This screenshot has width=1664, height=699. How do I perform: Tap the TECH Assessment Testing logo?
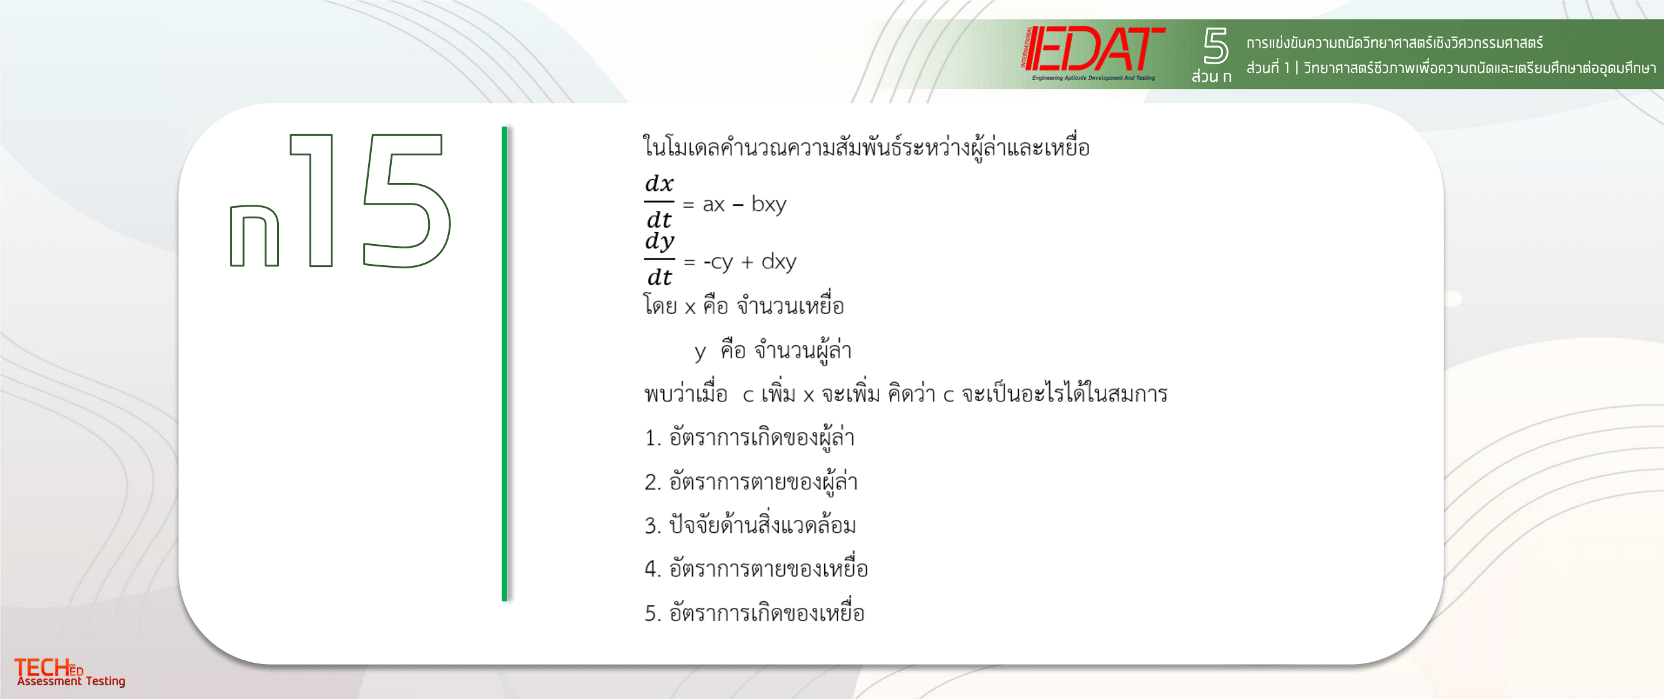[x=70, y=672]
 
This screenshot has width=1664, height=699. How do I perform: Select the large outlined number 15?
[x=369, y=200]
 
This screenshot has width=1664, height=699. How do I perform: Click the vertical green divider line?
[x=505, y=364]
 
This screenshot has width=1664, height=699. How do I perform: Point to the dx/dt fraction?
[x=659, y=202]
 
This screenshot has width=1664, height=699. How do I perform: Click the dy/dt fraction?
[x=659, y=259]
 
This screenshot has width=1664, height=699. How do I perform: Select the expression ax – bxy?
[x=744, y=204]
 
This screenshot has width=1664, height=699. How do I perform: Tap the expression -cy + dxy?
[x=749, y=262]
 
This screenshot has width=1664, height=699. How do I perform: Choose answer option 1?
[x=749, y=437]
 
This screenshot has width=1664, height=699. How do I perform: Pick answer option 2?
[x=751, y=481]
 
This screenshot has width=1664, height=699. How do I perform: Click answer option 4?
[x=756, y=568]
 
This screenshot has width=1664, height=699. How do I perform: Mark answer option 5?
[x=754, y=612]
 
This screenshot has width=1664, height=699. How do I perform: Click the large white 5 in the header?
[x=1215, y=45]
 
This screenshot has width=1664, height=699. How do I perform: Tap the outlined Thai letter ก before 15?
[x=255, y=236]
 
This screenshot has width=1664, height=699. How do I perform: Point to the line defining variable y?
[x=772, y=351]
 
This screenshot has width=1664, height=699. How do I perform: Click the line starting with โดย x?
[x=744, y=305]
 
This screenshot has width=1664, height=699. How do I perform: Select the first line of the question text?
[x=866, y=147]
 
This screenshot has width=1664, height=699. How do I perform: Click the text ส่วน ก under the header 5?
[x=1211, y=76]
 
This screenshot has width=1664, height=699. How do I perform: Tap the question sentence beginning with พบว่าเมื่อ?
[x=906, y=393]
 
